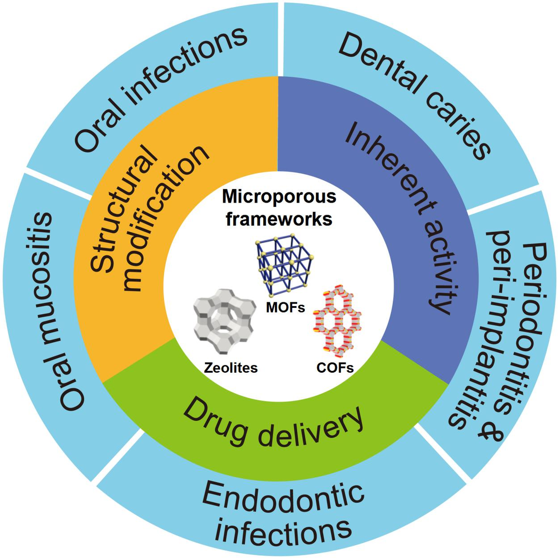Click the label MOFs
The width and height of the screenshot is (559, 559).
tap(285, 307)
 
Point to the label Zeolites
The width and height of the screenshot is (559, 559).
tap(231, 368)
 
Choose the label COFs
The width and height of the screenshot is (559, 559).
tap(335, 368)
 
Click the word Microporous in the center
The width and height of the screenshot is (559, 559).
tap(279, 197)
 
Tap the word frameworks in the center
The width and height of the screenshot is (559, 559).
tap(279, 218)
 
